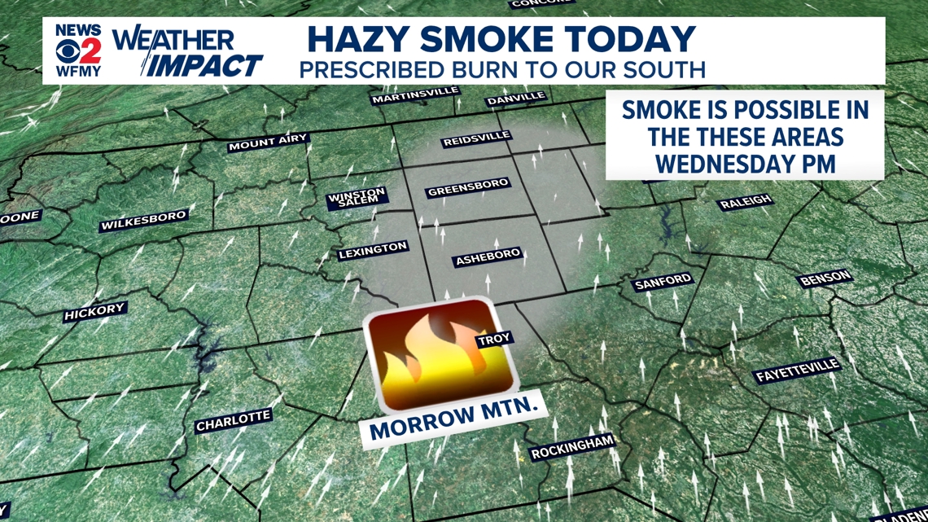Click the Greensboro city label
tap(467, 188)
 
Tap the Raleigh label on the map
tap(745, 202)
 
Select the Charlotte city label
tap(233, 421)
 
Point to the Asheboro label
tap(487, 258)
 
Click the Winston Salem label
tap(357, 198)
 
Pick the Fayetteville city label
tap(796, 371)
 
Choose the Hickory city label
tap(95, 311)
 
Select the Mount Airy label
tap(268, 143)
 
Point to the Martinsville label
tap(415, 95)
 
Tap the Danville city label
tap(515, 99)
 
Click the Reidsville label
tap(476, 138)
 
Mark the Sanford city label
tap(662, 283)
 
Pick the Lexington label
tap(373, 250)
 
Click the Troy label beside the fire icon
tap(493, 339)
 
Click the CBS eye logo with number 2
tap(78, 50)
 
